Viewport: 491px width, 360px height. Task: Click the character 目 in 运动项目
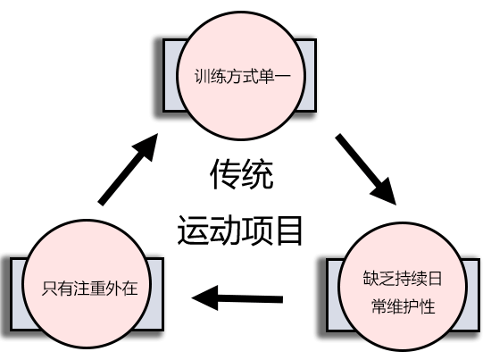point(287,230)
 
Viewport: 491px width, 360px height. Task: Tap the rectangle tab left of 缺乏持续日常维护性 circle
point(328,290)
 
